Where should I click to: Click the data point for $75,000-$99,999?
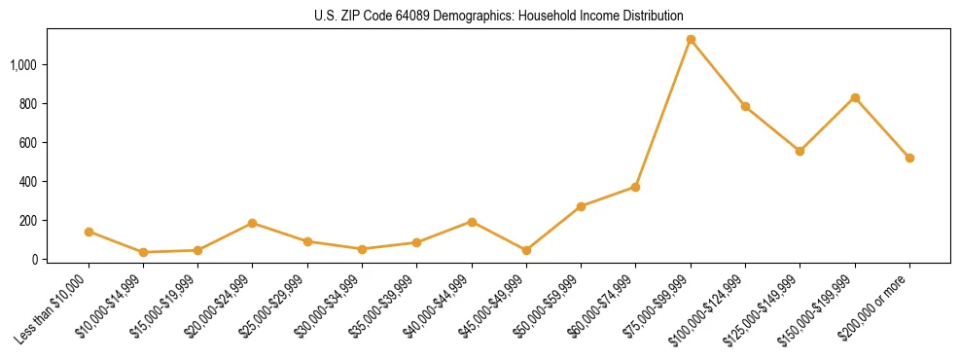[x=691, y=40]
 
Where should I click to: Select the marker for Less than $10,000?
[x=89, y=232]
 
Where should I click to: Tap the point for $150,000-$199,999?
[x=855, y=97]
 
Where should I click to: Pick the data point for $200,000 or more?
[x=909, y=158]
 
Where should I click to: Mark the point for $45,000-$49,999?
[x=526, y=250]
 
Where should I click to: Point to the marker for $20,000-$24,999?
[x=253, y=223]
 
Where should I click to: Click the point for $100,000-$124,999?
[x=745, y=106]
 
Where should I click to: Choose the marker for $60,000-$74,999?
[x=635, y=187]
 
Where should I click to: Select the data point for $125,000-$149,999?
[x=800, y=151]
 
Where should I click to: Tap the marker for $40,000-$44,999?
[x=472, y=222]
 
